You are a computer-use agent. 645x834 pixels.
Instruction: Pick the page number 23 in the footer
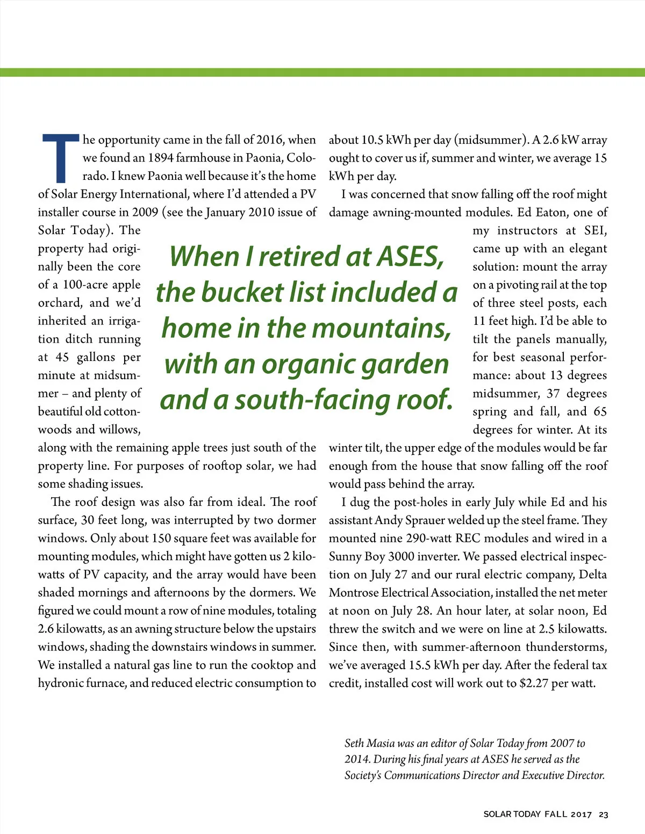click(603, 815)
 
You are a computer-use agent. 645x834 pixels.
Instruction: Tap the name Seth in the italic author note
click(354, 743)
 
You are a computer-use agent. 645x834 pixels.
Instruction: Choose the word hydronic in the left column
click(59, 683)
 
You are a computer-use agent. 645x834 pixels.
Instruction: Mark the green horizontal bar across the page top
click(322, 72)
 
